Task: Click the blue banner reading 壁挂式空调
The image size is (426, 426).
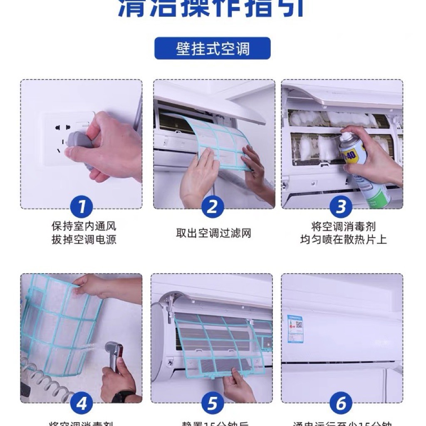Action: pos(213,48)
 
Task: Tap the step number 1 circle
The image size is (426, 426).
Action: pos(82,207)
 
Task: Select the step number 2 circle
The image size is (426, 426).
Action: pos(213,207)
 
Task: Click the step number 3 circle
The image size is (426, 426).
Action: pos(341,207)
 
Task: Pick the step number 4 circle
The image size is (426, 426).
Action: pos(82,403)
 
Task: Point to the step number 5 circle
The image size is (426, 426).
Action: pos(213,403)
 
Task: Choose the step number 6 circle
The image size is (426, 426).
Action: pos(341,403)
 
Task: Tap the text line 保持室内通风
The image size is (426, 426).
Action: pos(84,226)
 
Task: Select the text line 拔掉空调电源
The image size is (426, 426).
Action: pos(84,240)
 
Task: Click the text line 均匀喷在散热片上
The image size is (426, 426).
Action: pos(343,240)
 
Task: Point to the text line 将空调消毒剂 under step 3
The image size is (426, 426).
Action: pos(343,226)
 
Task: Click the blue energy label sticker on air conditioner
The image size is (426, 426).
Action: pos(295,329)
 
